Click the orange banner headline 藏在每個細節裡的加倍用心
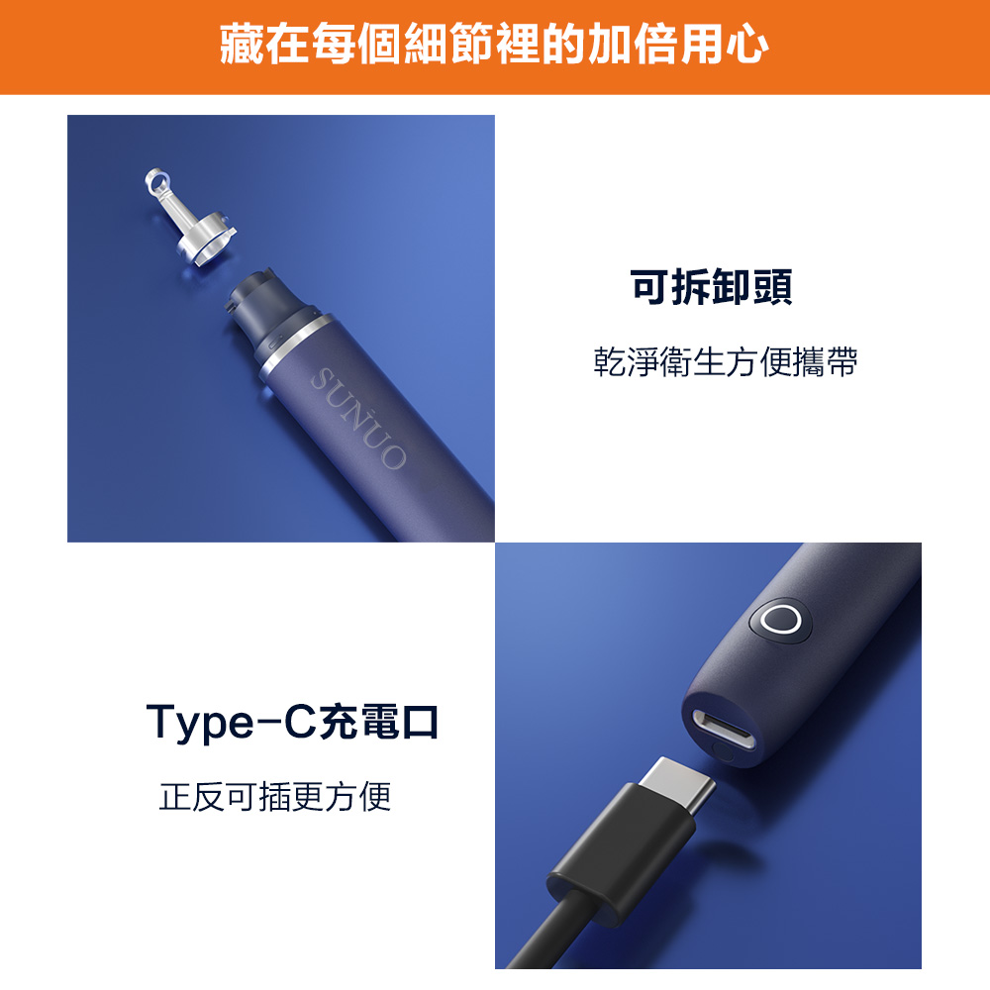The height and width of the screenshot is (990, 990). tap(494, 45)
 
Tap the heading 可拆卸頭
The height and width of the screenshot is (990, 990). tap(711, 287)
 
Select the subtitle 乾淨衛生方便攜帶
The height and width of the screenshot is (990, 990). tap(726, 362)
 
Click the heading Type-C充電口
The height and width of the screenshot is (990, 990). tap(292, 722)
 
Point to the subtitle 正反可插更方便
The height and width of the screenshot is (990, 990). tap(275, 797)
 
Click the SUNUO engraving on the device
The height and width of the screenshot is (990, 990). tap(358, 419)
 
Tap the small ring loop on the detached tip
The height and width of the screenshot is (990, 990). tap(156, 180)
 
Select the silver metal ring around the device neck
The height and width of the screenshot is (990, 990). tap(294, 346)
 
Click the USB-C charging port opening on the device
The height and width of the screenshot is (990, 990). tap(724, 730)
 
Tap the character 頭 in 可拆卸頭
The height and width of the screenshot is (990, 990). tap(772, 287)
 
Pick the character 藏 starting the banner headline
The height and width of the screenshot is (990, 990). tap(242, 45)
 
